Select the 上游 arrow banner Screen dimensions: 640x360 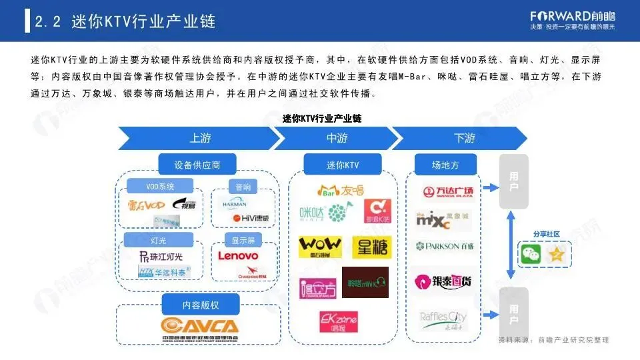click(200, 139)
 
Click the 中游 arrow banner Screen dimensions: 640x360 click(337, 139)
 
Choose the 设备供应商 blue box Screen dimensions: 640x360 click(197, 164)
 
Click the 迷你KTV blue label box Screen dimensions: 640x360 click(343, 164)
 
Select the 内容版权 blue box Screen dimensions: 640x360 click(201, 305)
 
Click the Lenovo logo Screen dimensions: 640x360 click(238, 255)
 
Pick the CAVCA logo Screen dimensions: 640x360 click(199, 326)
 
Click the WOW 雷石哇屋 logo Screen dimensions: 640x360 click(320, 246)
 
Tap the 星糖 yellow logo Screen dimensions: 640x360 click(371, 247)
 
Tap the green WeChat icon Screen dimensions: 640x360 click(531, 253)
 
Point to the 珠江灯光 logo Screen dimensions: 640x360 click(160, 256)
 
